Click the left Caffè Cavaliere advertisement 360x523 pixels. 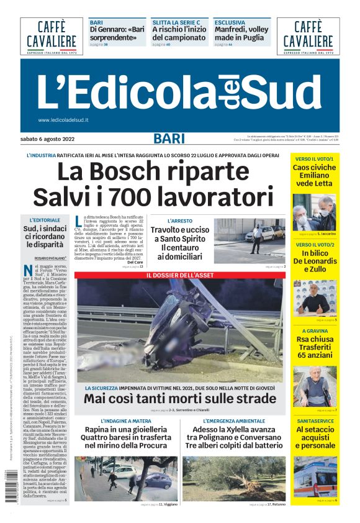pos(52,36)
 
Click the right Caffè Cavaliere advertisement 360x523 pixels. pos(308,36)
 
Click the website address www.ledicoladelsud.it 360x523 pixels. pos(63,120)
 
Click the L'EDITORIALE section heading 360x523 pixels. pos(45,220)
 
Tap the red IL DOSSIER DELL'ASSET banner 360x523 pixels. pos(181,275)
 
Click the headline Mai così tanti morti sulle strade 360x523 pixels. pos(180,399)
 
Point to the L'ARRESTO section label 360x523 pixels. pos(180,221)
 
